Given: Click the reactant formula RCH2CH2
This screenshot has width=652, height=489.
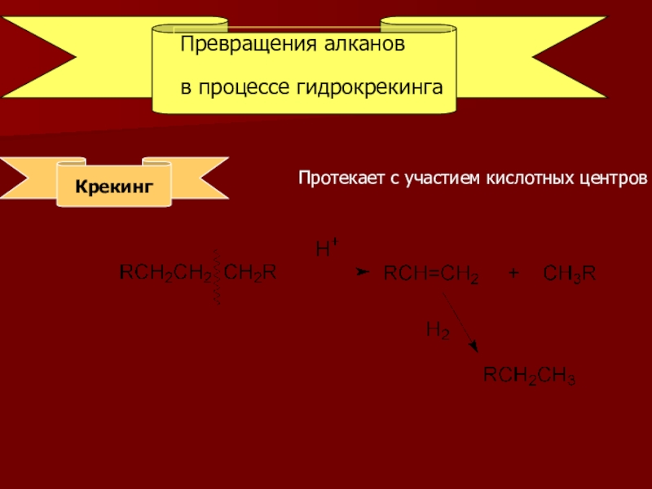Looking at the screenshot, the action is click(x=165, y=273).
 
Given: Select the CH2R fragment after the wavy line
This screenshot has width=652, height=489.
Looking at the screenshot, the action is click(x=249, y=273).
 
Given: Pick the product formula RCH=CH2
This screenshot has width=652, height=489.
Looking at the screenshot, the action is click(x=430, y=275).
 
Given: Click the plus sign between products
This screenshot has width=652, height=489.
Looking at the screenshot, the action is click(x=513, y=275).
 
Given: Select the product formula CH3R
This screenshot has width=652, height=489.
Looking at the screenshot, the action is click(x=570, y=275).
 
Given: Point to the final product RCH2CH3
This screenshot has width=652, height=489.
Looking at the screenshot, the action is click(x=530, y=377).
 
